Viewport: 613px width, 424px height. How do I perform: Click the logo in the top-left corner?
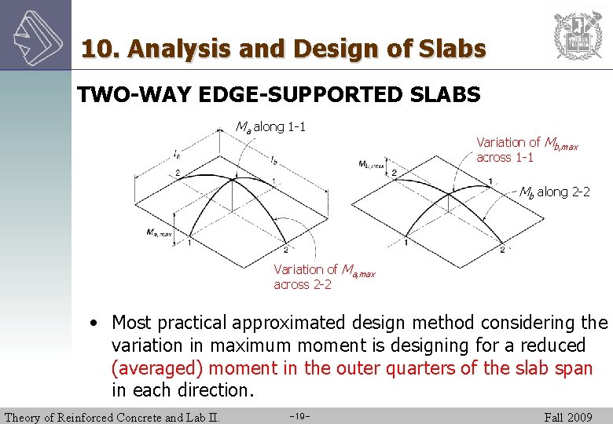click(35, 35)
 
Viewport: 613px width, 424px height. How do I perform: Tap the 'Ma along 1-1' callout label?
click(271, 126)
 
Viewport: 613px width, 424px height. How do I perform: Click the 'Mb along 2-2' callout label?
click(554, 192)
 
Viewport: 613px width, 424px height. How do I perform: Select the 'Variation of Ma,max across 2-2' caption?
click(324, 276)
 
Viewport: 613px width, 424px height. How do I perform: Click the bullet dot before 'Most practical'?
click(94, 323)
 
